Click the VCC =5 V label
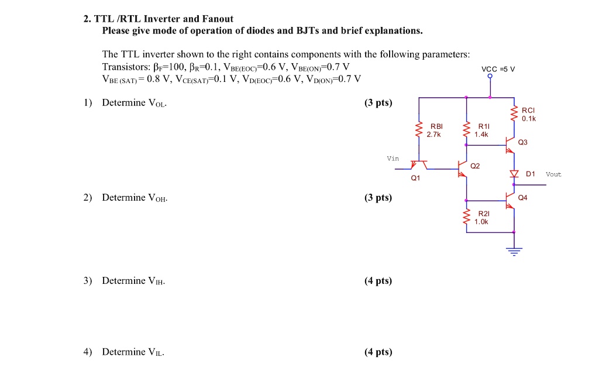tap(498, 68)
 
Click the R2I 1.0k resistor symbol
tap(466, 218)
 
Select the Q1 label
tap(415, 179)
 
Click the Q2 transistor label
tap(475, 166)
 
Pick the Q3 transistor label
tap(522, 142)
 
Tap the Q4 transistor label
tap(522, 198)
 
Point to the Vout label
tap(553, 174)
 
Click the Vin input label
tap(393, 158)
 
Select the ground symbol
tap(514, 252)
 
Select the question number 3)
tap(88, 281)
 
